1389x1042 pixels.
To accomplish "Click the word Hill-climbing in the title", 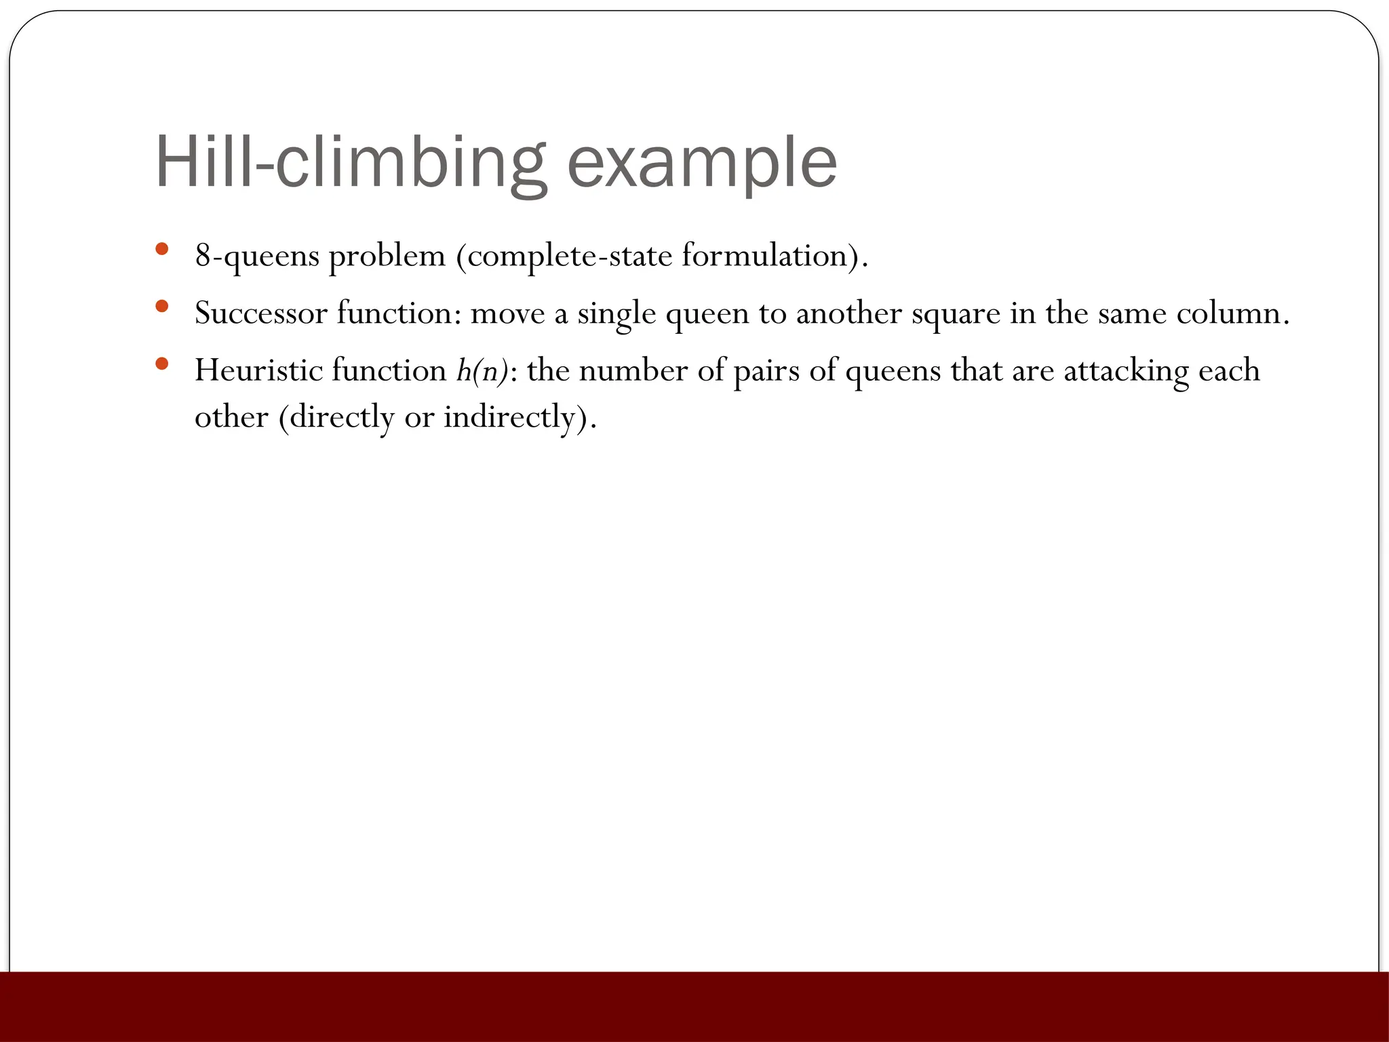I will pos(350,163).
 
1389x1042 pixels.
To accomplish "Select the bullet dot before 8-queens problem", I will pos(161,249).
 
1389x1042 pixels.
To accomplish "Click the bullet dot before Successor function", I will pos(161,307).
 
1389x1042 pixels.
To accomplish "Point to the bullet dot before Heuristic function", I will pos(161,364).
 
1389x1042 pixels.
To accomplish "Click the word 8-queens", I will pos(257,256).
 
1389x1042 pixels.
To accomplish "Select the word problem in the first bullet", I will pos(387,256).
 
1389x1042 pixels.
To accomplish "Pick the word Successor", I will pos(260,313).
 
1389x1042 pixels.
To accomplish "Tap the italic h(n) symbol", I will pos(482,371).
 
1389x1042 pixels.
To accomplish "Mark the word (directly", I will pos(336,417).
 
